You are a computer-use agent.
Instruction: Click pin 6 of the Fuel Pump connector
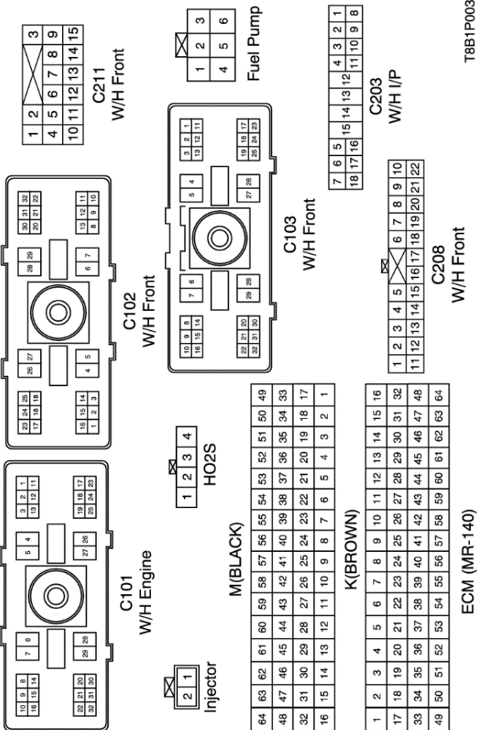(x=223, y=20)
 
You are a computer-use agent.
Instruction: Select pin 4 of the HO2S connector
(x=188, y=437)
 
